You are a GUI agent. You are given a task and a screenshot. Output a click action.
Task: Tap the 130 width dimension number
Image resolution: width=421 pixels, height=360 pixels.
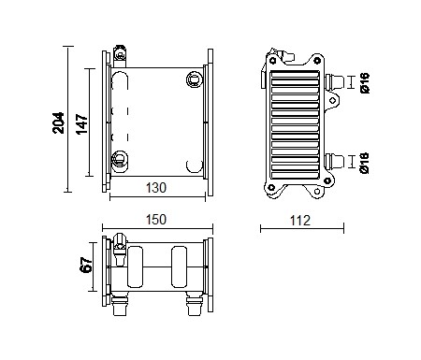[156, 187]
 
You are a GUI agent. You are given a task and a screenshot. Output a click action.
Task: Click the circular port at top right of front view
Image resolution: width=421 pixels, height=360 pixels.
[194, 78]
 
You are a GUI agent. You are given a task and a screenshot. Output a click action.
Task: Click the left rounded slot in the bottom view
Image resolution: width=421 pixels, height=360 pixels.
[135, 266]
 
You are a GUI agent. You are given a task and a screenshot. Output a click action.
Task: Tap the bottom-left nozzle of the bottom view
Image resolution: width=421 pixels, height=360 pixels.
[119, 305]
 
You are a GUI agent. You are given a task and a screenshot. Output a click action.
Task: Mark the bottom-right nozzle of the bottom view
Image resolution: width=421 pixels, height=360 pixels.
[193, 305]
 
